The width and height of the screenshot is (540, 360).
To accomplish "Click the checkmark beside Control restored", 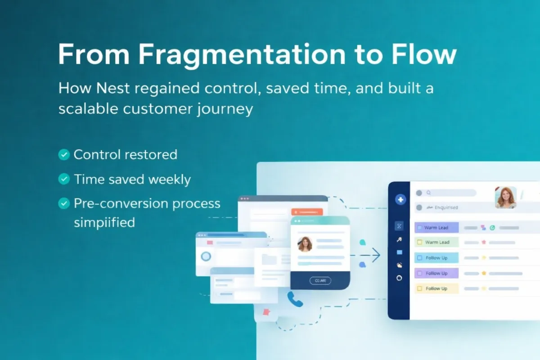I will (x=64, y=155).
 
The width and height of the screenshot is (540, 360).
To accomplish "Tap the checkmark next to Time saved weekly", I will (x=64, y=180).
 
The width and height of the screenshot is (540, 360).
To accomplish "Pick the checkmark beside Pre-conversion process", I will (x=64, y=204).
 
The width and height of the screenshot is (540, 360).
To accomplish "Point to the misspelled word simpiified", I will (x=104, y=222).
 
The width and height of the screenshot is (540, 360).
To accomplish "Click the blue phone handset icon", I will (x=295, y=299).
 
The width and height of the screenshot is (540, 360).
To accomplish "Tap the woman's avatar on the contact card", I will (x=305, y=244).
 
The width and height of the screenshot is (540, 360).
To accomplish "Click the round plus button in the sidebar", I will (x=400, y=200).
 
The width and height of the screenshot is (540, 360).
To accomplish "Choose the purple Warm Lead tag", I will (x=436, y=228).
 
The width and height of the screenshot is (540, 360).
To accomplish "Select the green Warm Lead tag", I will (x=436, y=242).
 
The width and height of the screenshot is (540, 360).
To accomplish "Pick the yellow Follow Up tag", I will (x=436, y=288).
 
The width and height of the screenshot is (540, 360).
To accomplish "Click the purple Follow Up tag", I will (x=436, y=273).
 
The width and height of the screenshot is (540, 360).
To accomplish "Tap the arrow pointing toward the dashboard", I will (x=373, y=256).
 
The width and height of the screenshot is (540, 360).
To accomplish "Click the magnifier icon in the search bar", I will (x=428, y=193).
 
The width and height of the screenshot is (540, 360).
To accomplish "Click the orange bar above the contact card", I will (x=307, y=211).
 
